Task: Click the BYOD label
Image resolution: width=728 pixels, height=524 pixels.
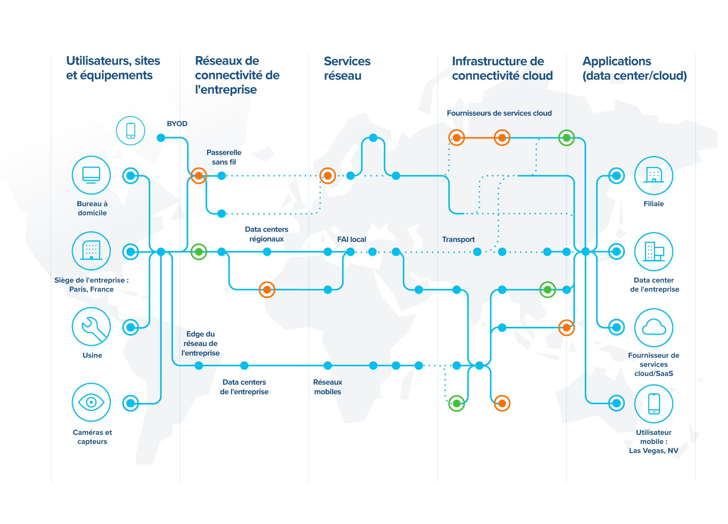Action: [177, 124]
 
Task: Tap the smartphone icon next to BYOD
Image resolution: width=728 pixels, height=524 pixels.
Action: [130, 131]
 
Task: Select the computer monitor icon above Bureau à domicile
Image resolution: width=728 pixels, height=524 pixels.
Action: [91, 175]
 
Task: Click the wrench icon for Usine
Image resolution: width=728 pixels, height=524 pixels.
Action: [91, 326]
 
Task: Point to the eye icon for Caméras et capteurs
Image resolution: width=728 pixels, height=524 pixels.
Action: [91, 402]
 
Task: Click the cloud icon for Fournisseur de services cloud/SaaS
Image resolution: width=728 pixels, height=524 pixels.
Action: [654, 327]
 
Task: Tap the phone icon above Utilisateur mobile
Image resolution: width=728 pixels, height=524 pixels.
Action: [654, 403]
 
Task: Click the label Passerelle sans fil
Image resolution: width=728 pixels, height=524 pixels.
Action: [224, 157]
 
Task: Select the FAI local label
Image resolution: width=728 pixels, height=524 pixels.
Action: [351, 239]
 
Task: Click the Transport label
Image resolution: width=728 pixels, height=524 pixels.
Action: [458, 239]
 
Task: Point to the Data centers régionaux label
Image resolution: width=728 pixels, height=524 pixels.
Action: [266, 234]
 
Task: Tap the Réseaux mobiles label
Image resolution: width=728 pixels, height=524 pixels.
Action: [328, 387]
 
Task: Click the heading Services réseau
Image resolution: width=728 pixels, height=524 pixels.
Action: [347, 68]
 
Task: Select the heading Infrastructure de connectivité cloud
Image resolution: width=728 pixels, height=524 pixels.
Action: [502, 68]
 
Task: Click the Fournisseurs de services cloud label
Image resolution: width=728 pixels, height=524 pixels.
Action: [499, 113]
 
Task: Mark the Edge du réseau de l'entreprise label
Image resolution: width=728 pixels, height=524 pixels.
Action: [201, 344]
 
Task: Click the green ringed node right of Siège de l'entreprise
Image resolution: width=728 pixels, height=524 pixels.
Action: [199, 251]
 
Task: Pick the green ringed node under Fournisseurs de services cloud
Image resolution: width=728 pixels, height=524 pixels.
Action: [566, 138]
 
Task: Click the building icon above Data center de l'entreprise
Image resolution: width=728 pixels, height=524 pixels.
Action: [654, 251]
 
